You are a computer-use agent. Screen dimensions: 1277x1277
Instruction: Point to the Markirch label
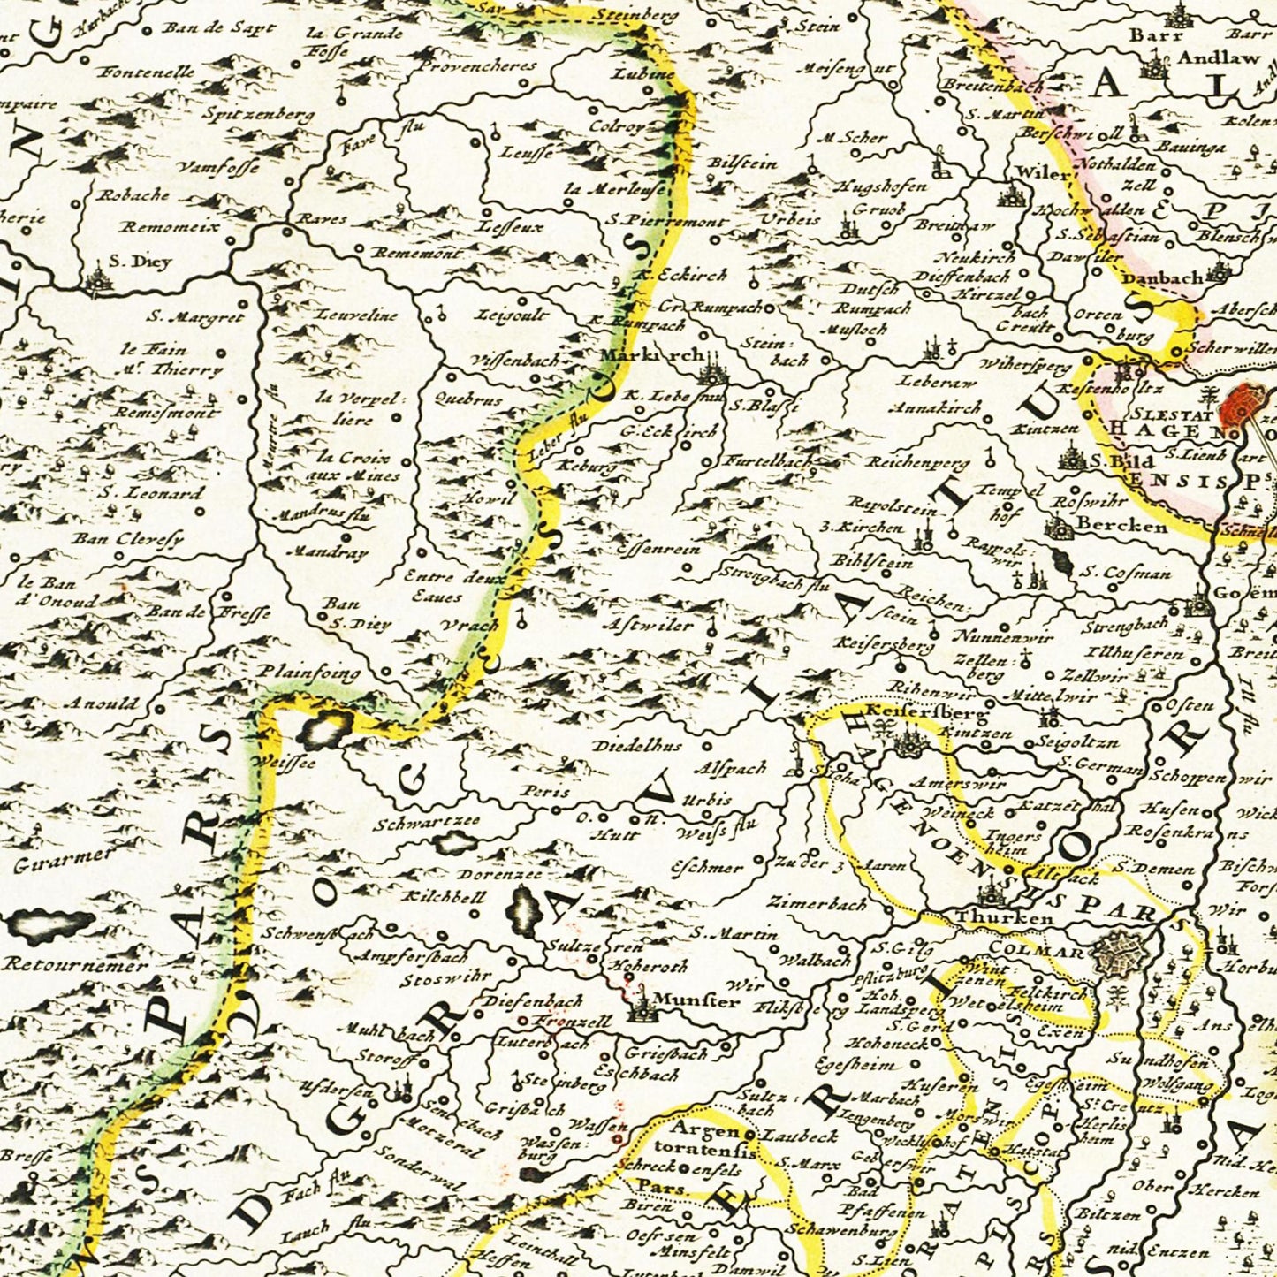tap(650, 355)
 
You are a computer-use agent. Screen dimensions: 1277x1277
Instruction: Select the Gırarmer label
tap(64, 858)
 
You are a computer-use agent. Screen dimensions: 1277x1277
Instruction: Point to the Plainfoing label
tap(309, 673)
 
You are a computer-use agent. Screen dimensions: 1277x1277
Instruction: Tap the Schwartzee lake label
tap(427, 821)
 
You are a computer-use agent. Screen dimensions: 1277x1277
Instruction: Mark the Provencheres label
tap(477, 65)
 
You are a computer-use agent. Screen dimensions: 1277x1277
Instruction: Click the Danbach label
tap(1162, 278)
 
